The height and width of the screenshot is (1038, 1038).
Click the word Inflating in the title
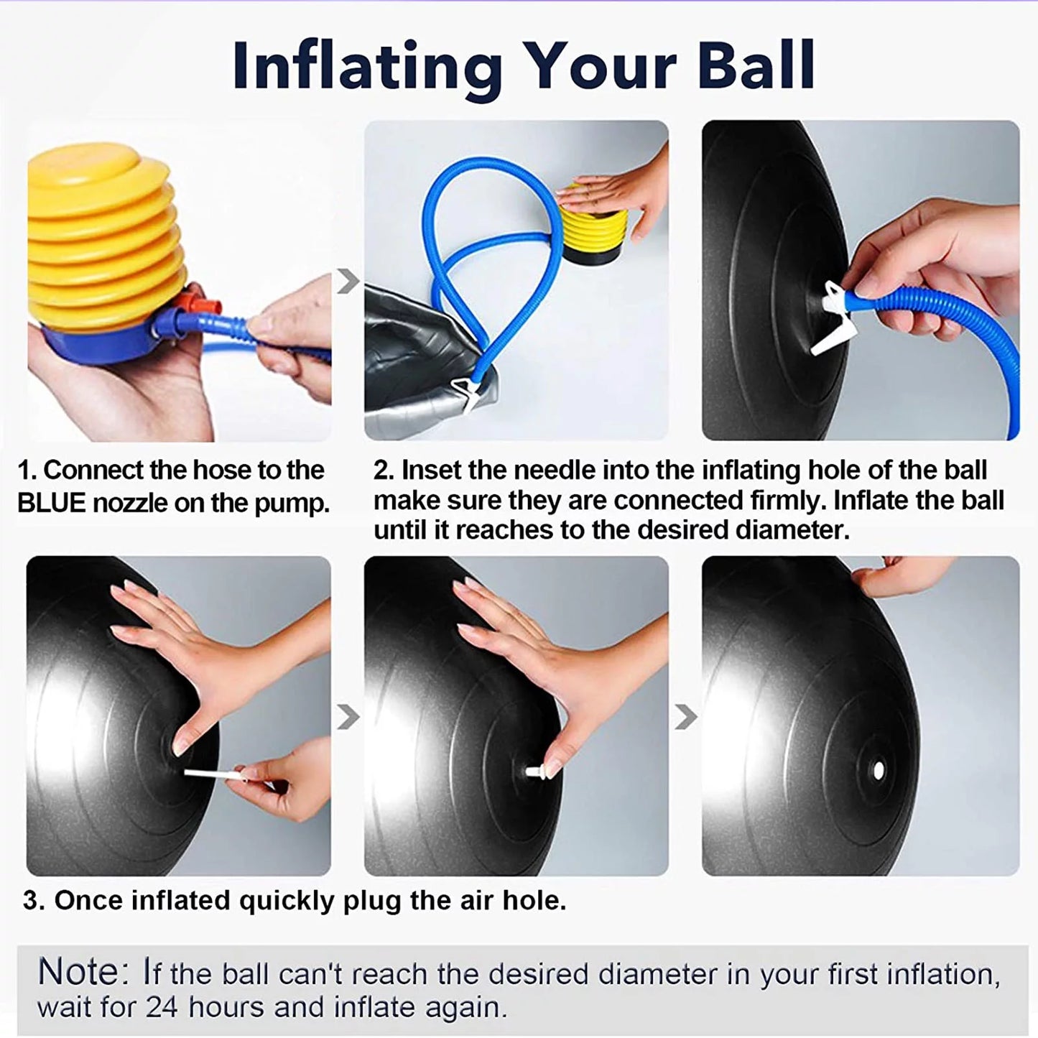367,68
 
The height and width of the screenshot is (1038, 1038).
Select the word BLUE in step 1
52,503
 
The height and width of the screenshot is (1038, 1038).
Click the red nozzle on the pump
201,305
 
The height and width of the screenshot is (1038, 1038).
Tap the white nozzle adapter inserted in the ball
833,318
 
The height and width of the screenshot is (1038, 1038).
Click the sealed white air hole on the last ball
878,770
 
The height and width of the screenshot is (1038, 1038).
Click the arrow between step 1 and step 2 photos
348,281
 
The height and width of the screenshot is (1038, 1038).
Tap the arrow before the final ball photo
686,717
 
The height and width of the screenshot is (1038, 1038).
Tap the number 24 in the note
162,1007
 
